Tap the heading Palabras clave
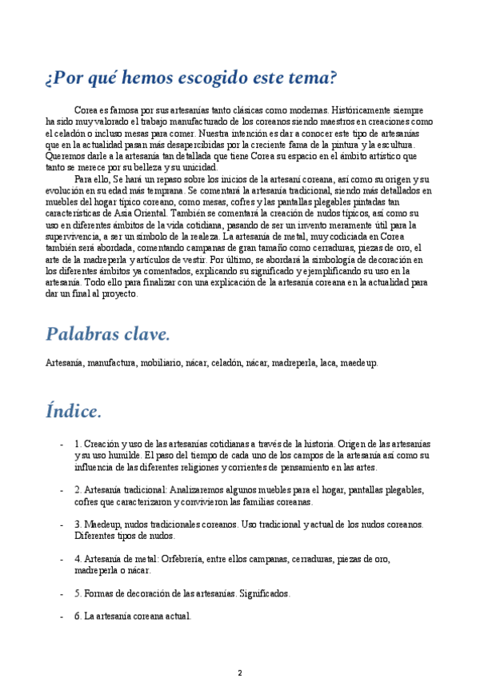point(107,333)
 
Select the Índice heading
point(74,411)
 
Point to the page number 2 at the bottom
point(239,672)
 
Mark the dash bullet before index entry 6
point(62,617)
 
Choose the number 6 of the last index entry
point(77,617)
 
